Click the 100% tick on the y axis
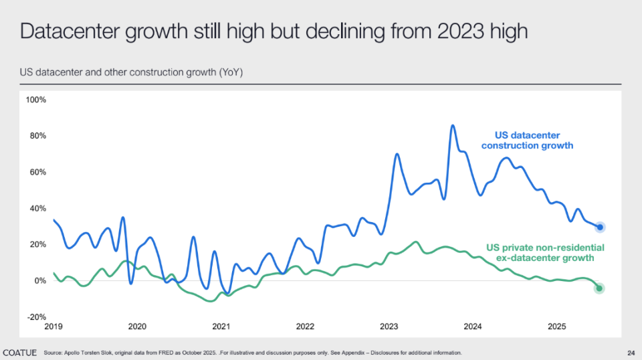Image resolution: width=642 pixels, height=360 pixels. pyautogui.click(x=36, y=100)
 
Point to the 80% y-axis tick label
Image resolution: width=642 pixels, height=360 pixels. pyautogui.click(x=36, y=136)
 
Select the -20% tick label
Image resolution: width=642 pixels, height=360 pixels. pyautogui.click(x=36, y=317)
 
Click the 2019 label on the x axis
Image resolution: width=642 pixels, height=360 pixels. pyautogui.click(x=53, y=327)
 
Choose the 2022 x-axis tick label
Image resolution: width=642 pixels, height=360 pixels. pyautogui.click(x=305, y=327)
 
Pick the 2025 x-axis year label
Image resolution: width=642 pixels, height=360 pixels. pyautogui.click(x=557, y=327)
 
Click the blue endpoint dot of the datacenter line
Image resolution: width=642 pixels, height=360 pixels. pyautogui.click(x=600, y=228)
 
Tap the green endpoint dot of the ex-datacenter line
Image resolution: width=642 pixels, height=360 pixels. pyautogui.click(x=599, y=288)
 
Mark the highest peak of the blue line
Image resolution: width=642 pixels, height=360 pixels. pyautogui.click(x=453, y=125)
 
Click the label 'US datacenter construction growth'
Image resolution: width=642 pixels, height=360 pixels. pyautogui.click(x=528, y=141)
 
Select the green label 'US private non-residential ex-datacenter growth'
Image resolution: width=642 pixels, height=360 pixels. pyautogui.click(x=545, y=252)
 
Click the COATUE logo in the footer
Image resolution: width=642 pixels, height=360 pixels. pyautogui.click(x=20, y=352)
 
